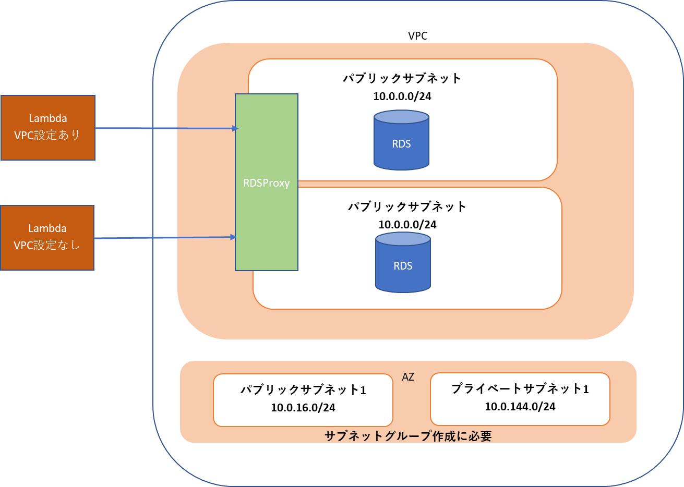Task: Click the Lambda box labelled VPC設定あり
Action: pyautogui.click(x=48, y=127)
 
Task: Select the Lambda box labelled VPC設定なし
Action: pyautogui.click(x=47, y=238)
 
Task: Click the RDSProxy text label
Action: pyautogui.click(x=266, y=183)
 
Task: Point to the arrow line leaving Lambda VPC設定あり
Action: pyautogui.click(x=162, y=128)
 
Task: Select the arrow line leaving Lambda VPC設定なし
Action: pyautogui.click(x=162, y=238)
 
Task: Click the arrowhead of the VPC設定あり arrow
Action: pyautogui.click(x=235, y=128)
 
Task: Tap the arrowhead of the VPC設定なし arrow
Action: pyautogui.click(x=234, y=237)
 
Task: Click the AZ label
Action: pyautogui.click(x=408, y=376)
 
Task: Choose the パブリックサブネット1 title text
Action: pyautogui.click(x=303, y=390)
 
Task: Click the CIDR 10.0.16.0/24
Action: pyautogui.click(x=303, y=408)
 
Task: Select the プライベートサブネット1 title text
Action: pyautogui.click(x=520, y=389)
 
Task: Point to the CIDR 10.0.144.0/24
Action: pyautogui.click(x=520, y=407)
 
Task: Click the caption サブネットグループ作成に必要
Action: pyautogui.click(x=408, y=436)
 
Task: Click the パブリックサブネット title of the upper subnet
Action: pyautogui.click(x=402, y=78)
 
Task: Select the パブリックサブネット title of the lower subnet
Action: pyautogui.click(x=407, y=206)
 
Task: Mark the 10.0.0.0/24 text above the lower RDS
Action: pyautogui.click(x=407, y=225)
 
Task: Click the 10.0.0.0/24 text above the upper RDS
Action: pyautogui.click(x=402, y=96)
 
